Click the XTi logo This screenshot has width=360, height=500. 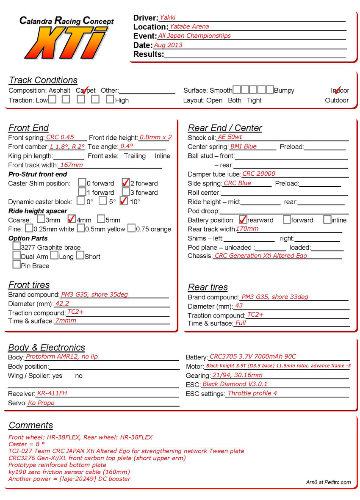click(x=68, y=42)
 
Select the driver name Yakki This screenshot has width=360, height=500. click(x=167, y=18)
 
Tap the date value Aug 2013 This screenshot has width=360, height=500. click(x=168, y=45)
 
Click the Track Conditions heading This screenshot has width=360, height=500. click(x=43, y=80)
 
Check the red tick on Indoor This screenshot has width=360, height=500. click(x=338, y=90)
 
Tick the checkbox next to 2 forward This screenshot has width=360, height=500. click(x=125, y=183)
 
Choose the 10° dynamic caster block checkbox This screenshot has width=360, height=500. click(x=124, y=201)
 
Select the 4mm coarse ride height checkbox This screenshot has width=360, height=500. click(x=71, y=219)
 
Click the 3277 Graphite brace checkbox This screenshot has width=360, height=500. click(x=17, y=246)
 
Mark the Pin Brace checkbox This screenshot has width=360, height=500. click(x=17, y=265)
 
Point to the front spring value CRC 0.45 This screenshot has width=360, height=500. click(x=60, y=137)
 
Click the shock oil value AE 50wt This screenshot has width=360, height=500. click(x=230, y=137)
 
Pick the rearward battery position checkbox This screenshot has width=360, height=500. click(x=243, y=219)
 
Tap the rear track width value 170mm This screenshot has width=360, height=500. click(x=247, y=229)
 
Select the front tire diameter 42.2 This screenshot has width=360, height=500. click(x=62, y=303)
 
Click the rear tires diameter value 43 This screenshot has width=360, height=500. click(x=239, y=306)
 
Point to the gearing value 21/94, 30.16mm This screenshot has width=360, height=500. click(x=237, y=375)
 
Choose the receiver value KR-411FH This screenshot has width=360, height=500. click(x=52, y=393)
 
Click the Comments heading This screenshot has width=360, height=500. click(x=30, y=425)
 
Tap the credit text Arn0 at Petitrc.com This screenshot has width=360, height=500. click(x=328, y=482)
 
